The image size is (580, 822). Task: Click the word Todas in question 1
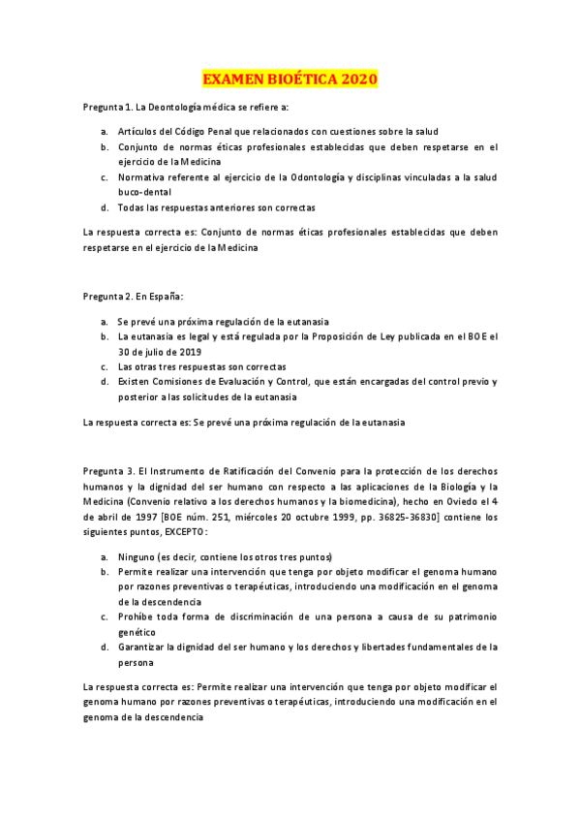(132, 207)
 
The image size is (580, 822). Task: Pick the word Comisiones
(183, 382)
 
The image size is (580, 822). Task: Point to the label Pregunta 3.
(111, 472)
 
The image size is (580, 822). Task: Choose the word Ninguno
(137, 557)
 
